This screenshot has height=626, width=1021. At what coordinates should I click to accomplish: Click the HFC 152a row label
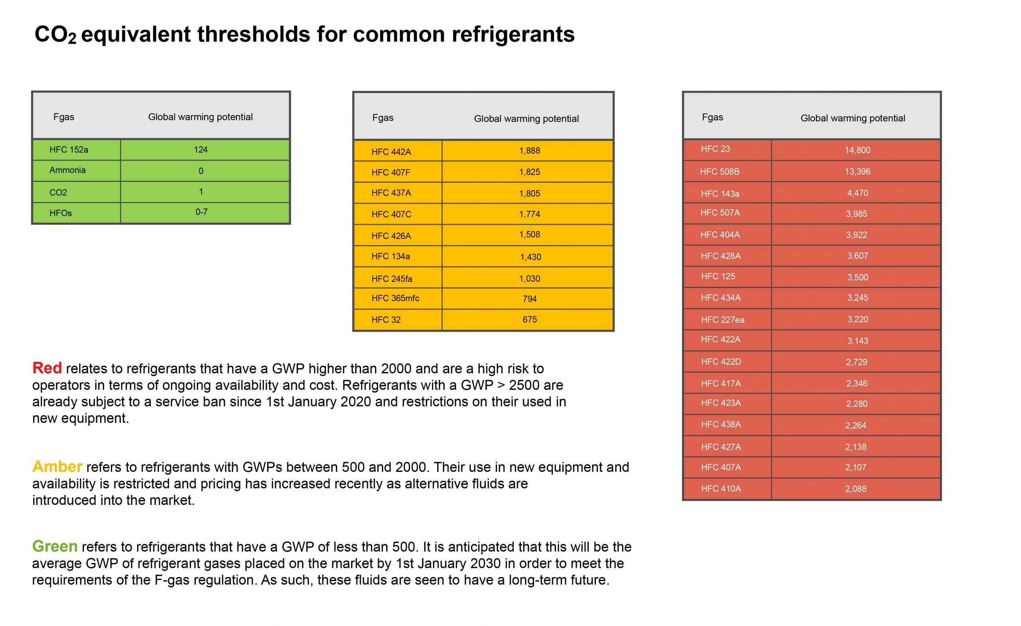point(69,150)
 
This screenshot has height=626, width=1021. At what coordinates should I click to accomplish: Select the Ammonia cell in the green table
point(67,170)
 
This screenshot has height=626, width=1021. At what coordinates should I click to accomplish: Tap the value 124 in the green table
point(201,150)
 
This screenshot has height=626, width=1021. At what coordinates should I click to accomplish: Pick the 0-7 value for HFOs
point(201,212)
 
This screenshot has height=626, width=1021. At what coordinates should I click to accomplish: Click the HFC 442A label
point(391,152)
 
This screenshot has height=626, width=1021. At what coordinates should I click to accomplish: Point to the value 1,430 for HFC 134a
point(530,257)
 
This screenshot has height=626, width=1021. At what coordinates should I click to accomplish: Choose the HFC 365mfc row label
point(395,298)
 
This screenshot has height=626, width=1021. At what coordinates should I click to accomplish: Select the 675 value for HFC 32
point(530,320)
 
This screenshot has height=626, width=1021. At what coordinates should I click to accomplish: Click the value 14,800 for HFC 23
point(857,150)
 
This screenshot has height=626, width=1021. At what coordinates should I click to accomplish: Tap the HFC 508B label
point(720,172)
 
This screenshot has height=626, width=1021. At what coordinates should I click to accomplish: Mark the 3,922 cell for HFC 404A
point(857,235)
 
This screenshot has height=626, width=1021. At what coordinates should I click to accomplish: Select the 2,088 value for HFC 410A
point(855,489)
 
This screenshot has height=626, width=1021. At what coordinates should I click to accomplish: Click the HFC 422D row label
point(721,362)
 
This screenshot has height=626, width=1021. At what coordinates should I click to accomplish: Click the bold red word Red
point(47,368)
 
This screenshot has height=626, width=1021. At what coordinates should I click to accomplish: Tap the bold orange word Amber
point(57,467)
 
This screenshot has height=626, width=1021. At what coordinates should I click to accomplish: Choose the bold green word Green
point(55,547)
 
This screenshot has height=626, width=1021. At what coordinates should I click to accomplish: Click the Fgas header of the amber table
point(383,118)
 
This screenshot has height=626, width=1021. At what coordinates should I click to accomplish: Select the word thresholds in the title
point(254,34)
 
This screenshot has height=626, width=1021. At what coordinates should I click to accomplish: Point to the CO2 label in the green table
point(58,192)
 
